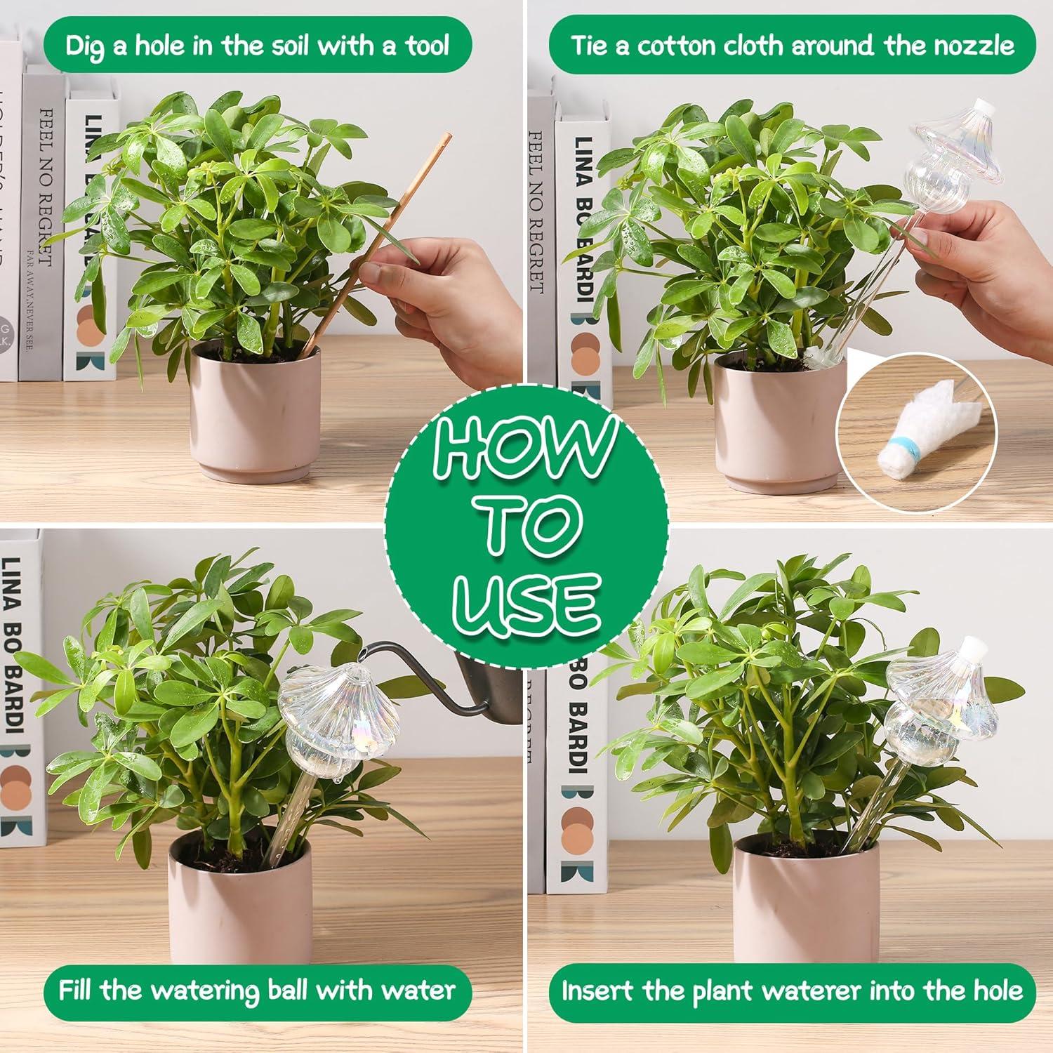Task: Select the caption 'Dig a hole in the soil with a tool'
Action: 257,46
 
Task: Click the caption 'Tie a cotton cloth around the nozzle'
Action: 792,46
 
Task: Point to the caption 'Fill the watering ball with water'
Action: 257,990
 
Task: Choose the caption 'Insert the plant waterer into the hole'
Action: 792,990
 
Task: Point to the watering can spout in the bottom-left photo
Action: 414,667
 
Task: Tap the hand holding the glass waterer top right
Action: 997,267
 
